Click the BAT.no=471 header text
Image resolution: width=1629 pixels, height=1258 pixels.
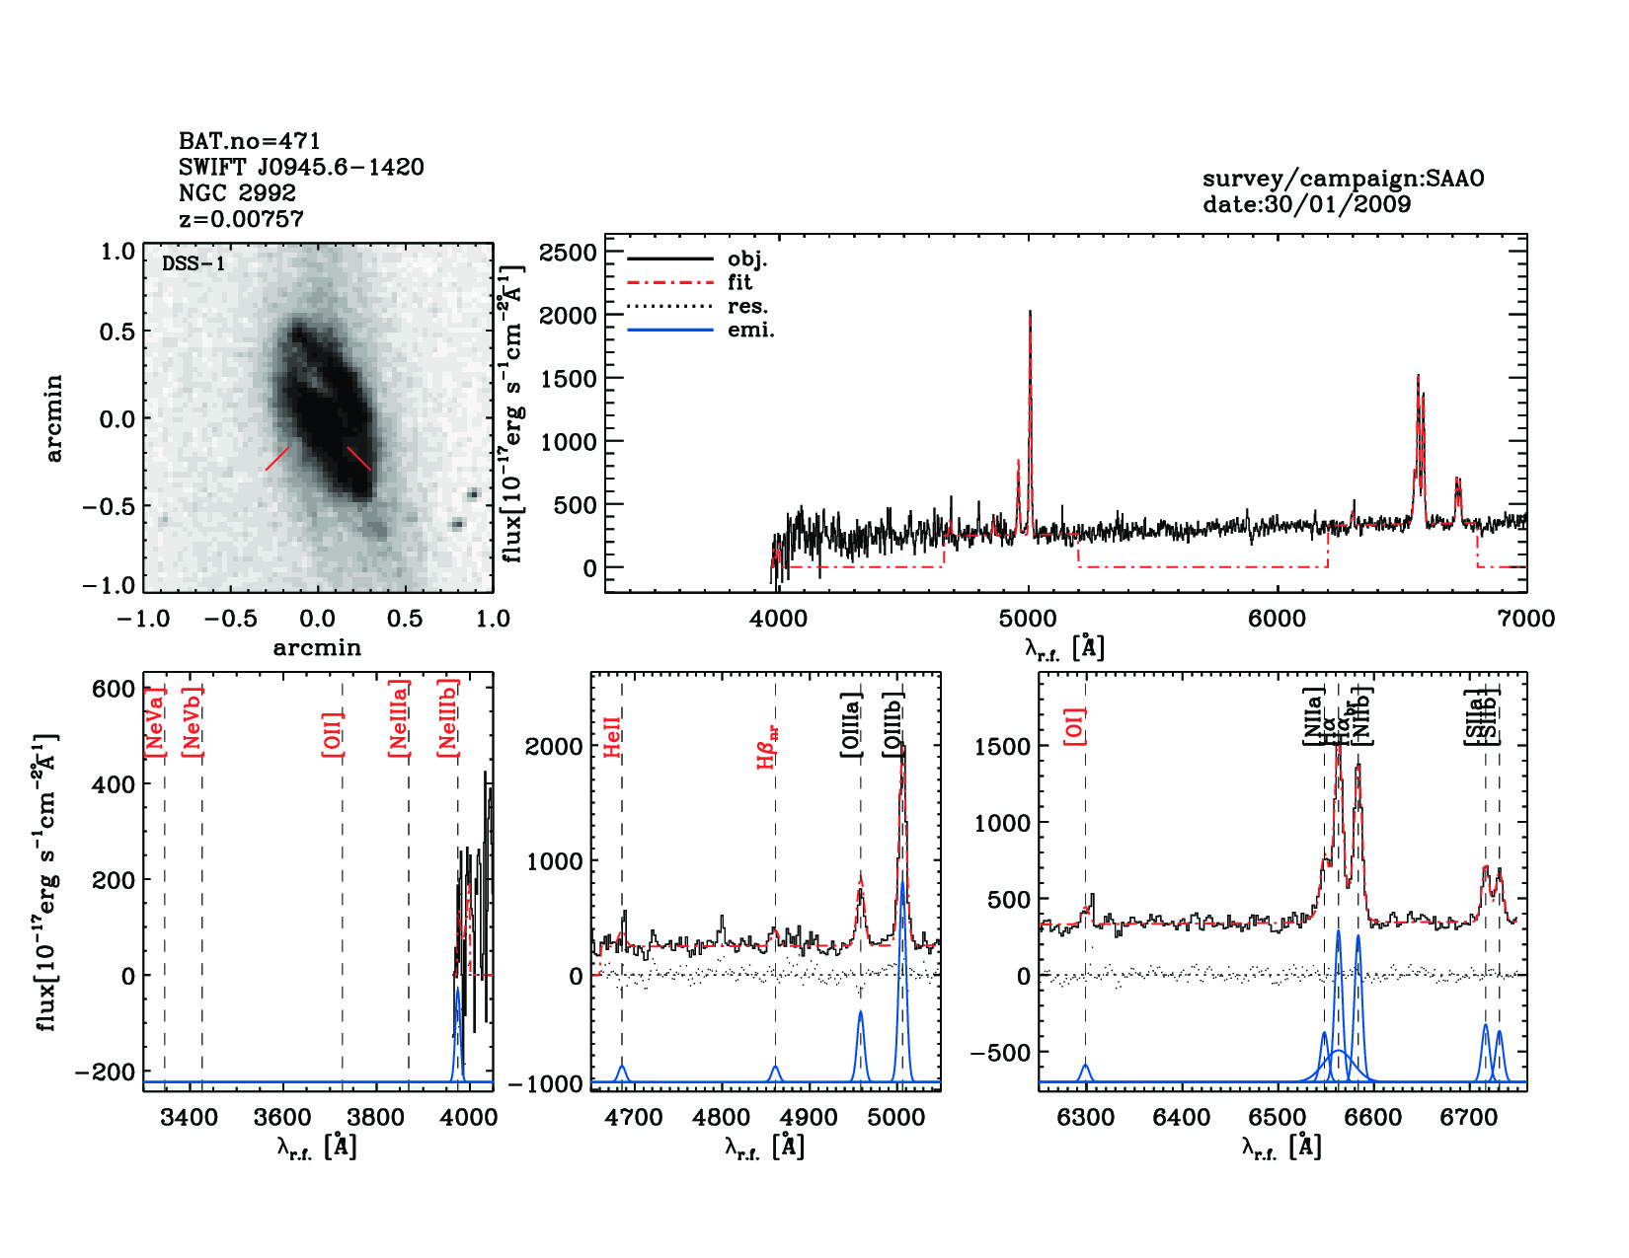250,141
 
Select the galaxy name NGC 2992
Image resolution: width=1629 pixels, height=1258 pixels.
237,192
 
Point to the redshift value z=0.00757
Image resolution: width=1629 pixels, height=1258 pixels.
241,219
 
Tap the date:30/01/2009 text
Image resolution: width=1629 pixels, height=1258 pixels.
1306,204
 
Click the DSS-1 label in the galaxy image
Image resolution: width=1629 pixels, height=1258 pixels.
194,263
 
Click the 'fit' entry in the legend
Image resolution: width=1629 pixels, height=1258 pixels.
739,282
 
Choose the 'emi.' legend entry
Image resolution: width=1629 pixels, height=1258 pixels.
750,330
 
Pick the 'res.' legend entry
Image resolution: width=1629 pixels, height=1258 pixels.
747,306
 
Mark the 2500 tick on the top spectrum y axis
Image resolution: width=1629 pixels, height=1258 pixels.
569,253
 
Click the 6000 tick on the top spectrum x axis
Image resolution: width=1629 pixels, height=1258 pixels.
1277,619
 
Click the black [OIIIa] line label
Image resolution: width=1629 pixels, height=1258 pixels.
851,724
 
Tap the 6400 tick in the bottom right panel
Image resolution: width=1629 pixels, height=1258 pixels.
1182,1117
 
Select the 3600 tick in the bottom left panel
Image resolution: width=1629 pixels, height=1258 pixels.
283,1117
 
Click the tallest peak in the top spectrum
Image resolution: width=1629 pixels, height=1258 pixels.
1030,313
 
